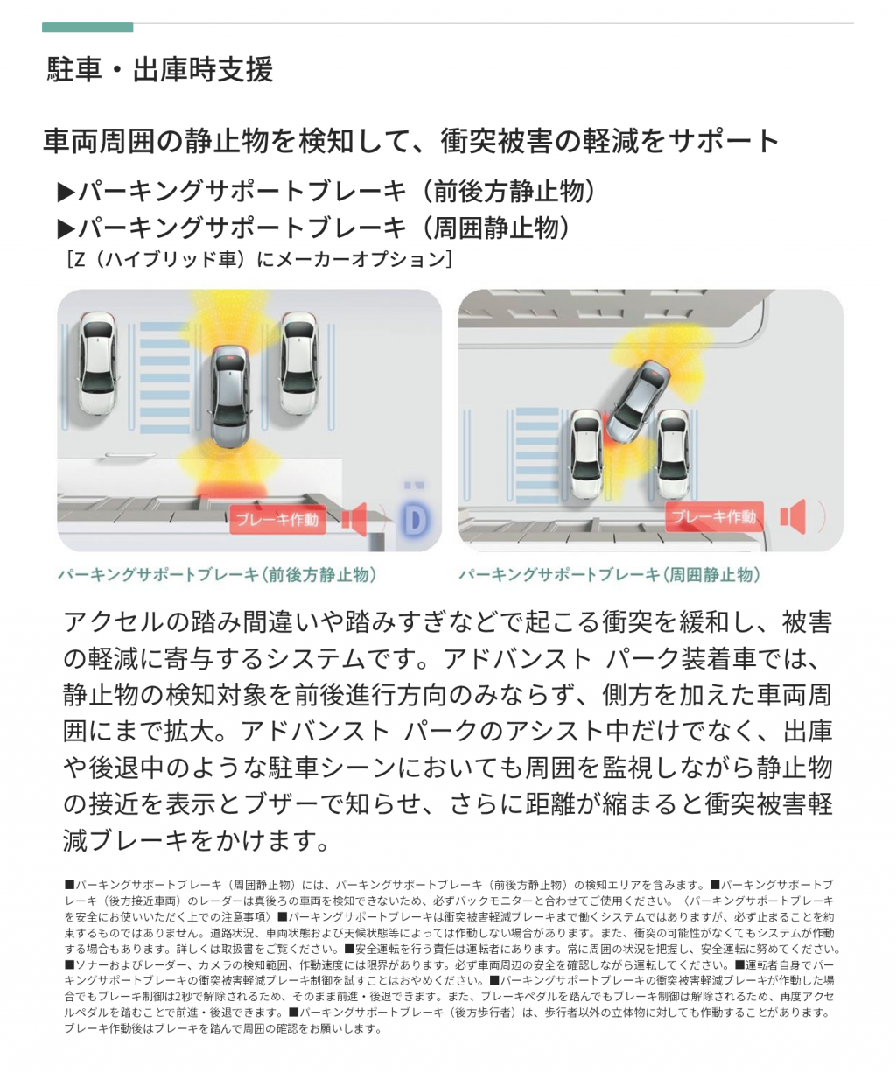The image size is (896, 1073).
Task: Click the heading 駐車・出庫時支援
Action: pos(160,69)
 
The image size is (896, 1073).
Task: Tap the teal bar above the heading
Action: pos(87,27)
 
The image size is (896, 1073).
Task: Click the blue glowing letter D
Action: pos(415,520)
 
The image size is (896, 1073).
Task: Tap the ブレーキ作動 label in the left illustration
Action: pos(277,520)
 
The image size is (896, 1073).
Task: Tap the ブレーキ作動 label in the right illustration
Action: pos(714,516)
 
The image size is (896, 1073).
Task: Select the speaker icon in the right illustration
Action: pos(794,516)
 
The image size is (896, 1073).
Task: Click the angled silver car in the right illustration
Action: pos(639,402)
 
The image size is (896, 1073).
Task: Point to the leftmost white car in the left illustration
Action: pos(98,362)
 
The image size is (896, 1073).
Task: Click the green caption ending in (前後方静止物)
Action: pos(217,574)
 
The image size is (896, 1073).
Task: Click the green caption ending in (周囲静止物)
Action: pos(609,574)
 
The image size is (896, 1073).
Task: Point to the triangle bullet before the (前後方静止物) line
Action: pos(66,193)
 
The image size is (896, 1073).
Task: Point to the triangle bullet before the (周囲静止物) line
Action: pos(66,229)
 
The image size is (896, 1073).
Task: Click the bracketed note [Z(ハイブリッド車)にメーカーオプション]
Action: pos(260,259)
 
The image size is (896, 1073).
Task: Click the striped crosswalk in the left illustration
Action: pos(164,378)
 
